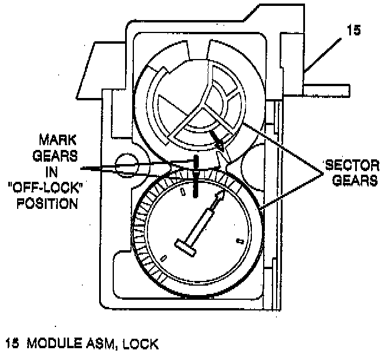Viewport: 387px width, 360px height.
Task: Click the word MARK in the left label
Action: coord(55,142)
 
